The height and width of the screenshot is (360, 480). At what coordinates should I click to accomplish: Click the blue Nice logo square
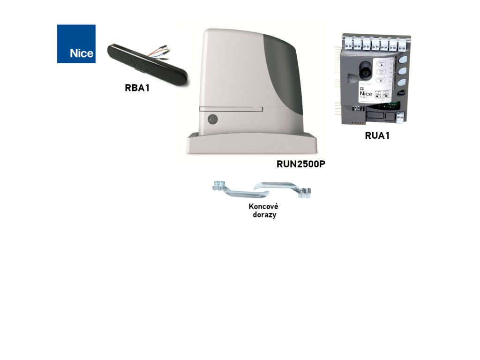point(76,44)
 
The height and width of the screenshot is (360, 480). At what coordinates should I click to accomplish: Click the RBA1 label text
point(137,88)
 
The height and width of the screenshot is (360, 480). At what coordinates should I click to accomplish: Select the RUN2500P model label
point(300,165)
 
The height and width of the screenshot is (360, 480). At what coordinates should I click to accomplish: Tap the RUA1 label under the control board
point(377,136)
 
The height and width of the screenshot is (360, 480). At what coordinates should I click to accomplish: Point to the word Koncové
point(263,206)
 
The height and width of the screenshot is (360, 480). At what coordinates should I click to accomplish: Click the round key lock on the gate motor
point(212,119)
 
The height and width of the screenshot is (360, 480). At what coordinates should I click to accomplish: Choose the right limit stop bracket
point(286,188)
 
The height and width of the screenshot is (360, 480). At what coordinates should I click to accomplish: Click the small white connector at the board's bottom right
point(399,117)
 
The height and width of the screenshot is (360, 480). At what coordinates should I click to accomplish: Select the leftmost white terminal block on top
point(349,44)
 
